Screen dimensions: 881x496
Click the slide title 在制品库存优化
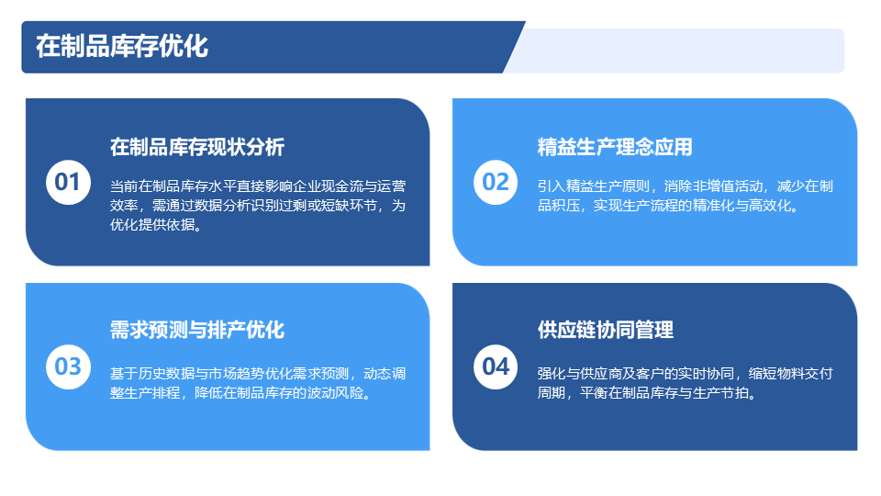click(x=122, y=46)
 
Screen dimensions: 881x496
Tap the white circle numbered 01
click(x=68, y=182)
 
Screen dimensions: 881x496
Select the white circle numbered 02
click(x=496, y=182)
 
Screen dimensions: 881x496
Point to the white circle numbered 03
click(x=68, y=366)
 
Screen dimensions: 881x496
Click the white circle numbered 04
click(x=496, y=366)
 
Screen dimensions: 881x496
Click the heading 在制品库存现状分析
click(x=197, y=147)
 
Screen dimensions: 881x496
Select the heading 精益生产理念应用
click(x=615, y=147)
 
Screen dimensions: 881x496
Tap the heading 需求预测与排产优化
click(x=197, y=330)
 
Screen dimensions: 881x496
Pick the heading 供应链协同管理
click(x=605, y=330)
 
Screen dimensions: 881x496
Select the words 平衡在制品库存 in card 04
click(x=629, y=392)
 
